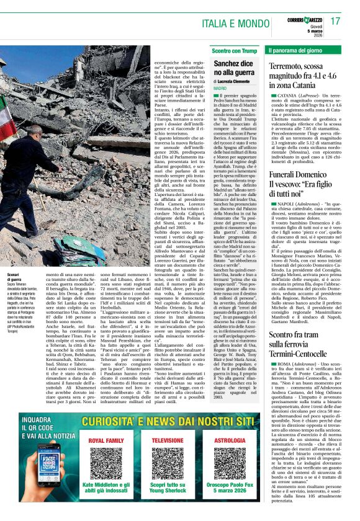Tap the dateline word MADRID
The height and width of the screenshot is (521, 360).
pos(220,89)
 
